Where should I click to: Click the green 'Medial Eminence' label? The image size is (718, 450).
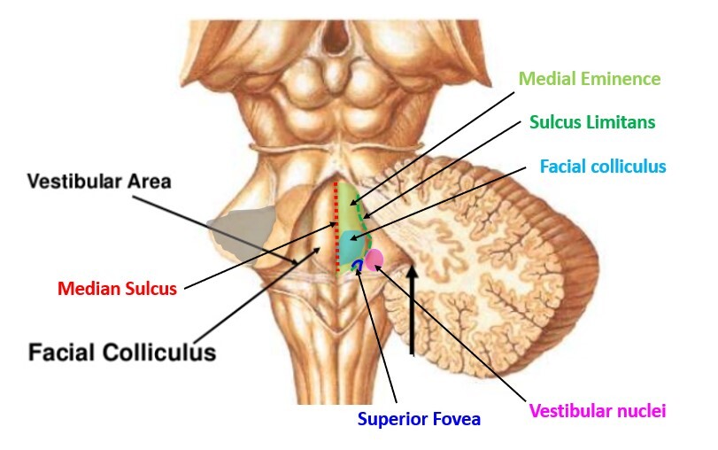click(589, 79)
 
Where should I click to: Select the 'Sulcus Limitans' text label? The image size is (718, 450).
click(591, 122)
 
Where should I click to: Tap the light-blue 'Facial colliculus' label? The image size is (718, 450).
click(602, 167)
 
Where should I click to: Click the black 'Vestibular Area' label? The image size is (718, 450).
click(98, 182)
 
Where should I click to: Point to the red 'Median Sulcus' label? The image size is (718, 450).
click(117, 289)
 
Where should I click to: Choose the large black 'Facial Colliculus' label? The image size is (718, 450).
click(122, 353)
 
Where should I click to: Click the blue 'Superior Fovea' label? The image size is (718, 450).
click(419, 419)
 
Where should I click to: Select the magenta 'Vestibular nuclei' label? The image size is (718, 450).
click(597, 410)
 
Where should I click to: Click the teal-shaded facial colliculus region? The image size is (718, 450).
click(353, 244)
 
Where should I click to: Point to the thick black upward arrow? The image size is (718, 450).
click(412, 310)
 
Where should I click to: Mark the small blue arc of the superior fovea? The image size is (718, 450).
click(357, 265)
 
